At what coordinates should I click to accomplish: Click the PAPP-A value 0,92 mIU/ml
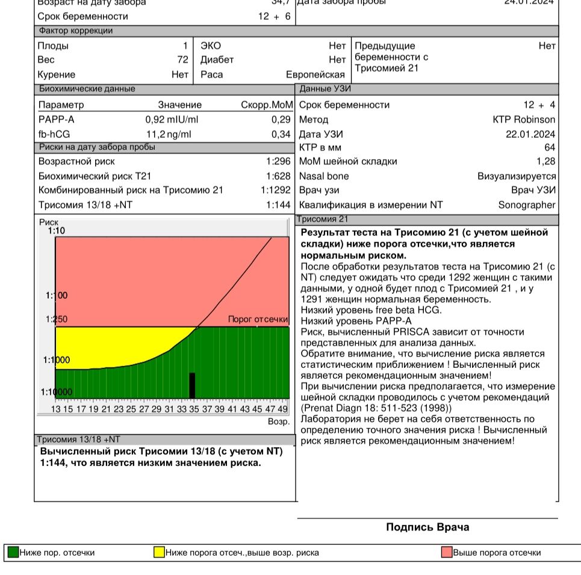coord(172,119)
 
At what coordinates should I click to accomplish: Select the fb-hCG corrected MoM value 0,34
coord(281,134)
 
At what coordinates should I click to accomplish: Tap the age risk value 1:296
coord(278,161)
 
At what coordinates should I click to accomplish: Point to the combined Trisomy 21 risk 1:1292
coord(276,190)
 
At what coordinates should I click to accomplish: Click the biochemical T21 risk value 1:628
coord(278,176)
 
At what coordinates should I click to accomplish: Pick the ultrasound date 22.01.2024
coord(530,134)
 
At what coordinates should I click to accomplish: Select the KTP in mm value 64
coord(550,148)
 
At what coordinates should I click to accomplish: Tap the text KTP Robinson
coord(524,119)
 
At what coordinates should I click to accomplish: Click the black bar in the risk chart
coord(192,385)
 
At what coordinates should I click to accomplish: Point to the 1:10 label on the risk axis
coord(56,231)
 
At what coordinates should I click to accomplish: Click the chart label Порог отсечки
coord(258,320)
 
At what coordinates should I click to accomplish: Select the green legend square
coord(13,552)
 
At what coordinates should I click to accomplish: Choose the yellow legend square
coord(159,552)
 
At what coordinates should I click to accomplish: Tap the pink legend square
coord(447,552)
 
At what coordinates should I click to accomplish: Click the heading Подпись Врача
coord(427,527)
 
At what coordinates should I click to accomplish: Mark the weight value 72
coord(182,60)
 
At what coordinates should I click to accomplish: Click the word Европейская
coord(315,75)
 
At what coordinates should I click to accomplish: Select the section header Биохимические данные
coord(87,89)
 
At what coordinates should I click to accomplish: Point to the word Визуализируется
coord(517,176)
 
